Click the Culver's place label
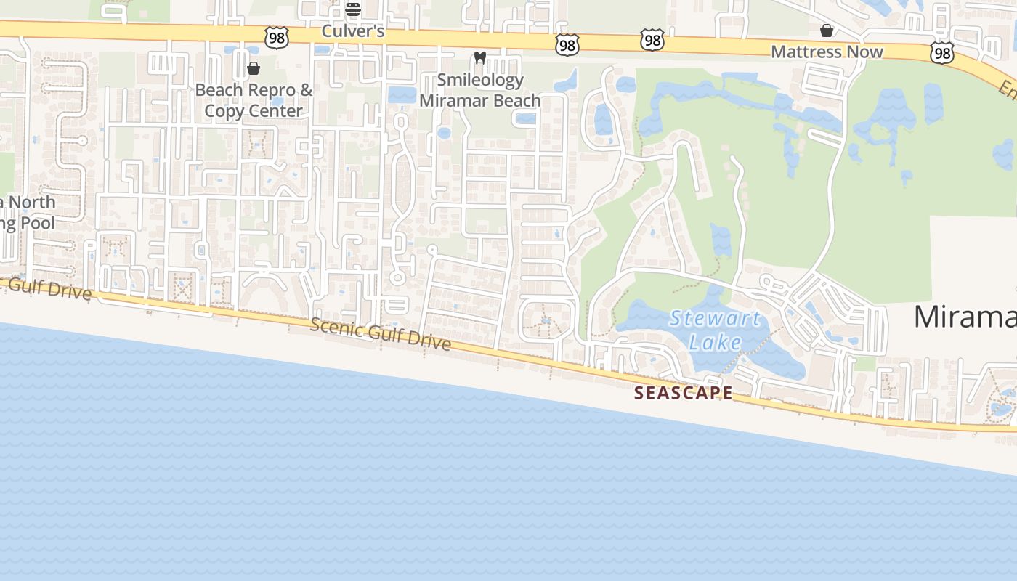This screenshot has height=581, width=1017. [x=352, y=32]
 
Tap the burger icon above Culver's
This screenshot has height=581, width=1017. [x=353, y=9]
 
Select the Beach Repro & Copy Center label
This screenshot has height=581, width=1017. [x=254, y=100]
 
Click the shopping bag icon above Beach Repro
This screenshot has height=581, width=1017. [x=254, y=68]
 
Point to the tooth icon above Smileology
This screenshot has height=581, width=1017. [x=479, y=57]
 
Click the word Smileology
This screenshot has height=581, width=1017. [x=480, y=80]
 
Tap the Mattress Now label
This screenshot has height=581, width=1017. [x=827, y=52]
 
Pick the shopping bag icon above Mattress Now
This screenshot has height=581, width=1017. [x=827, y=31]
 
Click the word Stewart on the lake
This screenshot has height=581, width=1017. [x=716, y=318]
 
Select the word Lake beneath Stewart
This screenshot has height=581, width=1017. [x=716, y=342]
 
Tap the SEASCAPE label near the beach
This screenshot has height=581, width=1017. [x=683, y=393]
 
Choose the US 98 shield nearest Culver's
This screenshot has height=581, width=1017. [x=277, y=38]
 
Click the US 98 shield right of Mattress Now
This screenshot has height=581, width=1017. [x=942, y=52]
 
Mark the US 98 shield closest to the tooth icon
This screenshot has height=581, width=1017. [x=567, y=45]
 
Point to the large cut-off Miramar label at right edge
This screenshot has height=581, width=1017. [x=965, y=317]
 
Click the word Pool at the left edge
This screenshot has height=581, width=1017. [x=37, y=222]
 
